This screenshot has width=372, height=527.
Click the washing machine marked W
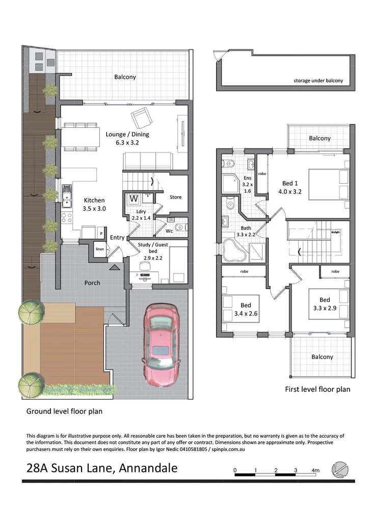pos(134,198)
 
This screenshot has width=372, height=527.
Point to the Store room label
pos(175,197)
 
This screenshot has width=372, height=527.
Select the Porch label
pos(92,283)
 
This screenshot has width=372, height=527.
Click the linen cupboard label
pos(100,249)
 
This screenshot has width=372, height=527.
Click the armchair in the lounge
pos(141,119)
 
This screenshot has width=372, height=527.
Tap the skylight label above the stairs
pos(335,231)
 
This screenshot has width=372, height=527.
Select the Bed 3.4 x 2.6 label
pos(246,310)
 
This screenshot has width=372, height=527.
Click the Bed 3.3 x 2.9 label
pos(325,304)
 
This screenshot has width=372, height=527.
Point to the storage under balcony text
pos(318,81)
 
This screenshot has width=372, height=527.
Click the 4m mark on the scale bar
pos(315,470)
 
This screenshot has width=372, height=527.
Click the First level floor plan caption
pos(317,389)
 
